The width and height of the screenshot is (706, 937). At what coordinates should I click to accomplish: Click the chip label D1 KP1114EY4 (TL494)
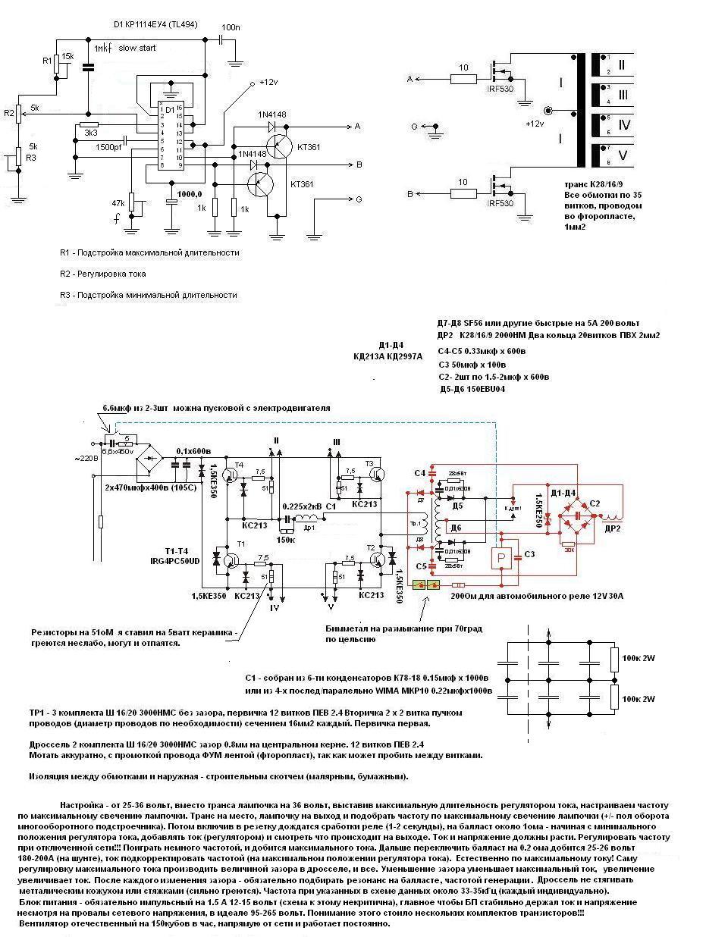[x=159, y=24]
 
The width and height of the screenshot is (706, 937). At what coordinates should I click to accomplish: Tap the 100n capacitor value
[x=231, y=27]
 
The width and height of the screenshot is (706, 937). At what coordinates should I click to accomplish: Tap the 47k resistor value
[x=118, y=202]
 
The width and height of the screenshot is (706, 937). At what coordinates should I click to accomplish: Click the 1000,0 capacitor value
[x=190, y=193]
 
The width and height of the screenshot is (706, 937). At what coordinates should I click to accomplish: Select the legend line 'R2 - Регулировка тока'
[x=102, y=274]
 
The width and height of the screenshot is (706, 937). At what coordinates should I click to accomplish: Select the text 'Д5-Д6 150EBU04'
[x=472, y=390]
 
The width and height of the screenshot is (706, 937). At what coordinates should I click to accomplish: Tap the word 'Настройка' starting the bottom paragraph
[x=82, y=803]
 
